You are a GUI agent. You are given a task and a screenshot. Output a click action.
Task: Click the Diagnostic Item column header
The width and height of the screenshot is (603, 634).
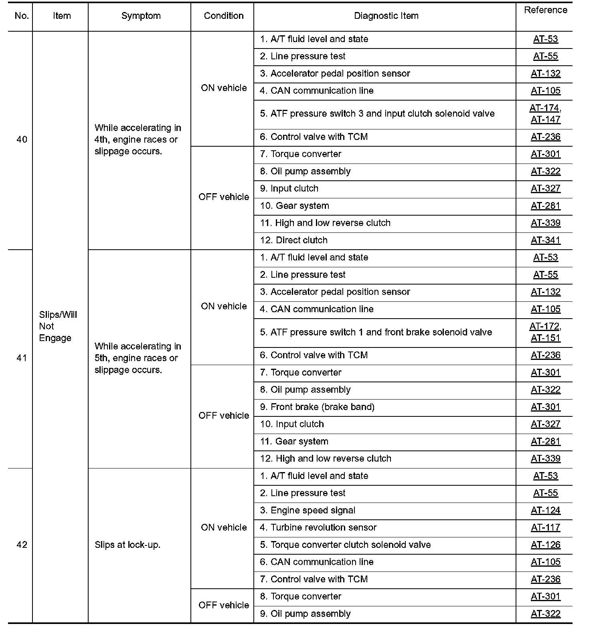pos(386,16)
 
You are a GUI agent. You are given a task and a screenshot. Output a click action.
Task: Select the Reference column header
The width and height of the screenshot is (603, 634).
pos(545,10)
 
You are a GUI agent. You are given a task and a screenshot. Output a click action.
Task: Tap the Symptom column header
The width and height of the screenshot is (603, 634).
pos(141,16)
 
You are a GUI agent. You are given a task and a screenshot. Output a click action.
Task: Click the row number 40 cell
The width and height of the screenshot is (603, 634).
pos(22,139)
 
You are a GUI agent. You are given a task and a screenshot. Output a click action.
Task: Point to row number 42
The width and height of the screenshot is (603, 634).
pos(22,545)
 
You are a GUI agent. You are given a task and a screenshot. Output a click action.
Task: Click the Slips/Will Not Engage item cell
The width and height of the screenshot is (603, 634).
pos(58,326)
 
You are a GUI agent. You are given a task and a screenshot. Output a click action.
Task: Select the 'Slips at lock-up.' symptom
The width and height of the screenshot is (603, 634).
pos(127,545)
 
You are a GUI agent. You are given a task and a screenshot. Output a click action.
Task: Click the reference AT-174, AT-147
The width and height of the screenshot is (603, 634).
pos(545,114)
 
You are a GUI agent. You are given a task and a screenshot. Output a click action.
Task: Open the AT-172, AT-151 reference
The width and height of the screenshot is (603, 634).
pos(545,332)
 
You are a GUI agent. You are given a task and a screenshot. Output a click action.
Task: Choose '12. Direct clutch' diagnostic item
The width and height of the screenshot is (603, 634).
pos(294,240)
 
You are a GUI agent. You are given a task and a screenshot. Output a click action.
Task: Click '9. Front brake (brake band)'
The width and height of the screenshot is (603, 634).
pos(317,407)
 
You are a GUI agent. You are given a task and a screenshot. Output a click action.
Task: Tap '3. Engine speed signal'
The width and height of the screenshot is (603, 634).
pos(308,510)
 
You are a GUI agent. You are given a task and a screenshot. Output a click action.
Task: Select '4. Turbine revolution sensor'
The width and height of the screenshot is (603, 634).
pos(318,527)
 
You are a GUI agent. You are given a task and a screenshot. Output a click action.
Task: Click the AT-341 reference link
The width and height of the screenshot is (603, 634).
pos(546,240)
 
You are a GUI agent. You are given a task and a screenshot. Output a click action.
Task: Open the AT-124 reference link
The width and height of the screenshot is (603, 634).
pos(546,510)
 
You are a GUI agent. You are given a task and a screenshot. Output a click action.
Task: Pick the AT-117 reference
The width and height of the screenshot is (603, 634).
pos(546,527)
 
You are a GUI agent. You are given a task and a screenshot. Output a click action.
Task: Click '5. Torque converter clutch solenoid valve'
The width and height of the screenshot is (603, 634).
pos(345,545)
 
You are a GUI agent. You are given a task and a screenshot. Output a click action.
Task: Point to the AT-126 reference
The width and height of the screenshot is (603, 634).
pos(546,545)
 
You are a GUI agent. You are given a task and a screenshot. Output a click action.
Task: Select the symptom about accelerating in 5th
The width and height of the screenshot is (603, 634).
pos(138,358)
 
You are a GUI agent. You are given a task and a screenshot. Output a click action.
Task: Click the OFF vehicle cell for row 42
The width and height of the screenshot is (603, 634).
pos(224,605)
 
